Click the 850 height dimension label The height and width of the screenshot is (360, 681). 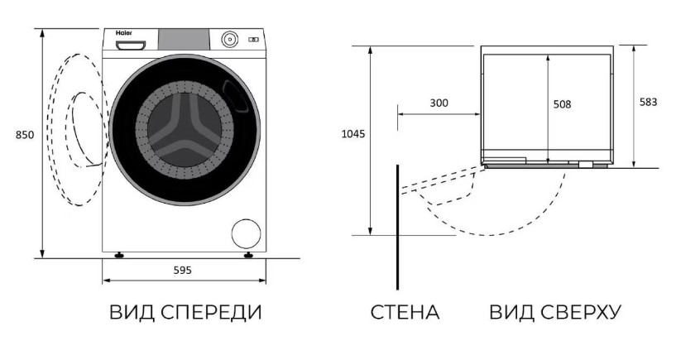[x=24, y=135]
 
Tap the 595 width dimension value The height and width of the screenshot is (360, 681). [x=182, y=271]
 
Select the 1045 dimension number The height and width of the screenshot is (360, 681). [x=353, y=134]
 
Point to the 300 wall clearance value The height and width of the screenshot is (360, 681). [x=439, y=103]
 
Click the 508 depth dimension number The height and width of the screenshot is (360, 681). [x=562, y=104]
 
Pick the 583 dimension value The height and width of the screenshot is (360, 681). [x=649, y=102]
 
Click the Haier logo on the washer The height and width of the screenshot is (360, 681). [x=124, y=33]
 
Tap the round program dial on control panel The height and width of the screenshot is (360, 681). [x=230, y=39]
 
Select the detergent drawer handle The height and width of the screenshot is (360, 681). [x=130, y=45]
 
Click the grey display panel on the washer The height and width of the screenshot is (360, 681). [x=184, y=39]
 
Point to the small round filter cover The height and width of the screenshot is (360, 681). [x=247, y=233]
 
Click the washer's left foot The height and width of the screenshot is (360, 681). [x=118, y=256]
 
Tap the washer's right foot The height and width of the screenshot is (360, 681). [x=248, y=256]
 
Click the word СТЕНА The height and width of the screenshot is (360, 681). [x=405, y=312]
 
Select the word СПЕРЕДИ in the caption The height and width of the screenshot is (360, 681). [x=211, y=312]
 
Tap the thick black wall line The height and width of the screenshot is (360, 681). [x=397, y=227]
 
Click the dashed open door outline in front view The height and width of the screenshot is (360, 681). [x=49, y=130]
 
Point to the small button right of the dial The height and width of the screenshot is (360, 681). [x=254, y=40]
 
